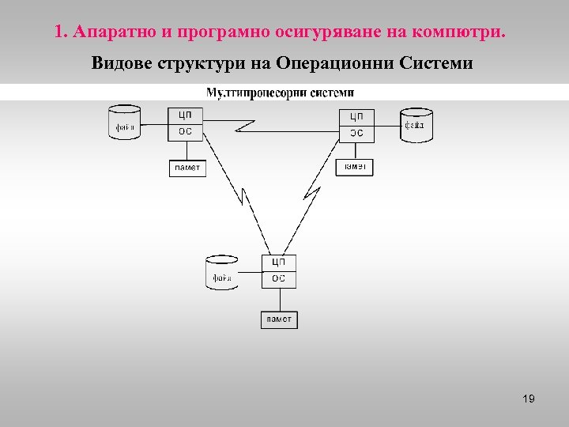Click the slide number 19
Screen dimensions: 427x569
[x=529, y=399]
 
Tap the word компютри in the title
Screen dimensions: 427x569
[x=465, y=33]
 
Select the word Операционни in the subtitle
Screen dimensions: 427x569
[x=331, y=62]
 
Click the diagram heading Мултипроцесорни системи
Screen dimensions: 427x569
[x=280, y=93]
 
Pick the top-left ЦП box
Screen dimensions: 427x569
[x=185, y=115]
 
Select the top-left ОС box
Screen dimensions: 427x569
[x=185, y=132]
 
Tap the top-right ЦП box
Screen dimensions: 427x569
[x=356, y=116]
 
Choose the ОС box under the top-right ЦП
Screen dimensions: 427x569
[x=356, y=133]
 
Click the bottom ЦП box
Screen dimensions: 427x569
[x=279, y=262]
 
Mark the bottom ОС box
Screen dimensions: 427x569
[x=279, y=278]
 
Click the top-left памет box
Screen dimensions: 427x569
[x=187, y=168]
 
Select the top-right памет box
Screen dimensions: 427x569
[x=354, y=167]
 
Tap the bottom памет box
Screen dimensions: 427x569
[x=279, y=319]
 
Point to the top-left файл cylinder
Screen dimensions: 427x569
[x=124, y=123]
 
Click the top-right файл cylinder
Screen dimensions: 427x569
[x=416, y=125]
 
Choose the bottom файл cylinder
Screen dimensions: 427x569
[x=222, y=273]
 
